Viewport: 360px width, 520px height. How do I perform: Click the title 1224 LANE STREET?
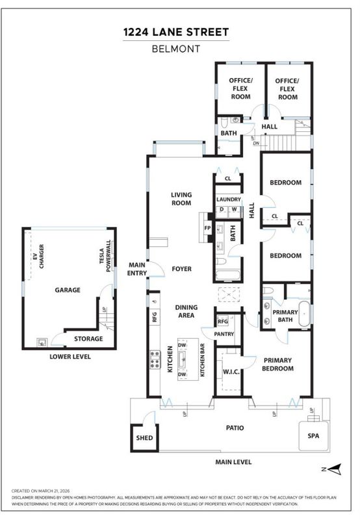(x=176, y=32)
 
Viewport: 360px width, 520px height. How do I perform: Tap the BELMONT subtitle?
(x=176, y=49)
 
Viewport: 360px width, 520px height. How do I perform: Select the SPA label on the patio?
(x=313, y=435)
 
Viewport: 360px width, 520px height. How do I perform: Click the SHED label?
(x=144, y=437)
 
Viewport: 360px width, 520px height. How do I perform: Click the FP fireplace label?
(x=207, y=228)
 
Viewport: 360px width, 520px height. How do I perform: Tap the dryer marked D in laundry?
(x=222, y=209)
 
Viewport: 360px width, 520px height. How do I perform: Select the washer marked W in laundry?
(x=234, y=209)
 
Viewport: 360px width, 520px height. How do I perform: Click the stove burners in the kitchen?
(x=155, y=360)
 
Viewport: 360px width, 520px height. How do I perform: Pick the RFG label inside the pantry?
(x=223, y=321)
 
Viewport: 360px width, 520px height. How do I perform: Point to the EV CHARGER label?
(x=38, y=256)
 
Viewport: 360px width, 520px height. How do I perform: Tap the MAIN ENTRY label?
(x=137, y=269)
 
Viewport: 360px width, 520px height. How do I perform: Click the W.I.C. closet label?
(x=231, y=372)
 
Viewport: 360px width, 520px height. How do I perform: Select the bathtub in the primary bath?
(x=305, y=314)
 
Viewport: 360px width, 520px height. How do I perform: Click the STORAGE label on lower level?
(x=88, y=339)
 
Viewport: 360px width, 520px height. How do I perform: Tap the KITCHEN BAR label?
(x=202, y=360)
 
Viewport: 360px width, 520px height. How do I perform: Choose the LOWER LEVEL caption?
(x=70, y=357)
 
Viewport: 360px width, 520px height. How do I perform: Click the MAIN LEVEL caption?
(x=233, y=462)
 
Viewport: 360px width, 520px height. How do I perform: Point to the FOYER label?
(x=182, y=268)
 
